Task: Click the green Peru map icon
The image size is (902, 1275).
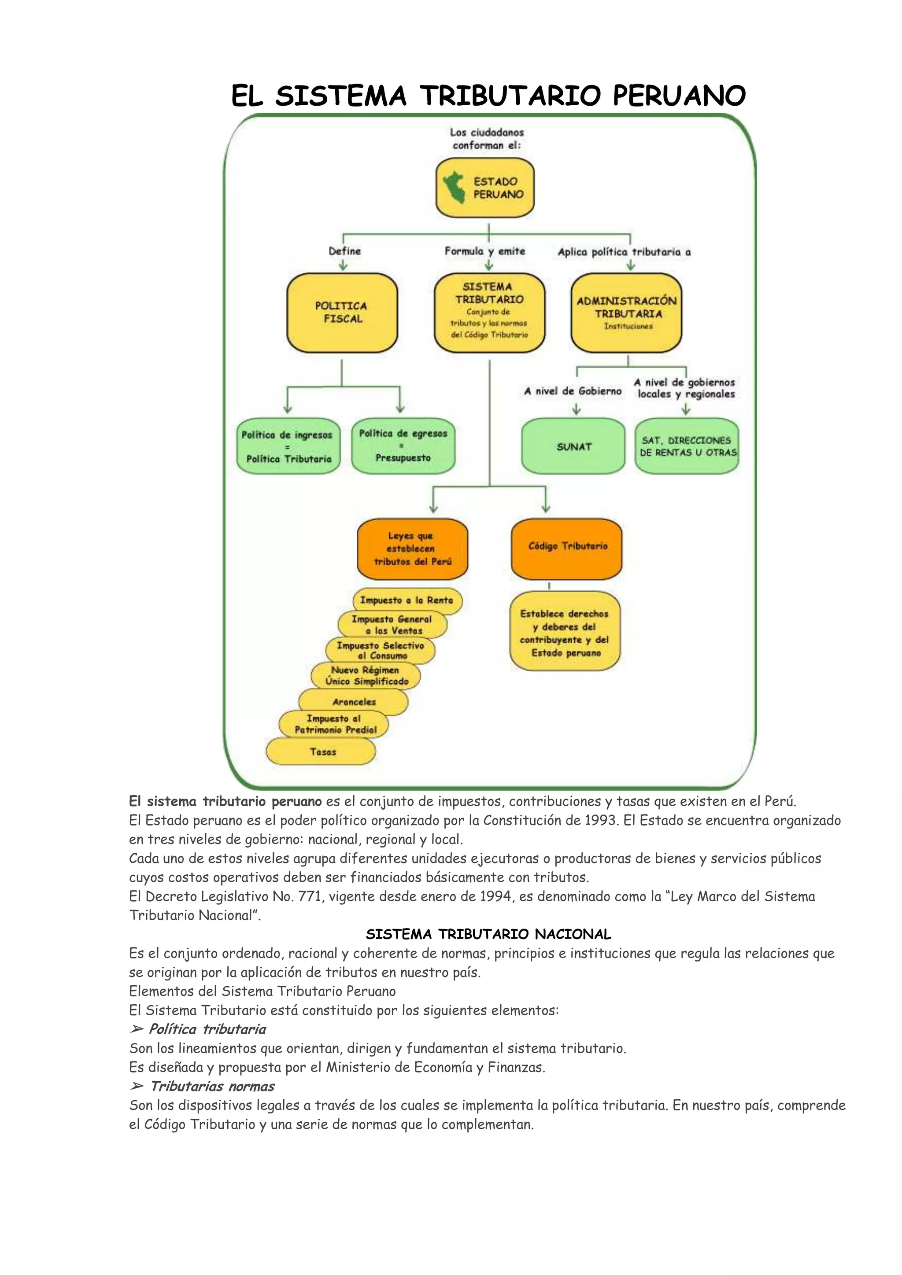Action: [x=455, y=188]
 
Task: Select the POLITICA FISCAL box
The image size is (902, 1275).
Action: [x=342, y=313]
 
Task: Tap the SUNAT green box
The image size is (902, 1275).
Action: [x=573, y=446]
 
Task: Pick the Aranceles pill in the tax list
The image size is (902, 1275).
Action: [x=354, y=702]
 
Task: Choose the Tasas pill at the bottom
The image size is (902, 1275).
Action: [x=322, y=752]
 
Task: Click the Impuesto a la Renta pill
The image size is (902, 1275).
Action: [x=407, y=600]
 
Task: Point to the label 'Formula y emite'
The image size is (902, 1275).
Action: [x=485, y=251]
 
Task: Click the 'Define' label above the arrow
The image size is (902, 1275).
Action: [x=344, y=251]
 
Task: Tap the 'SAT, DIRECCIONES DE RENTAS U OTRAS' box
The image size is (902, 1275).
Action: [x=687, y=446]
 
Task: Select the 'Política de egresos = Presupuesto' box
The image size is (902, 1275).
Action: [x=403, y=446]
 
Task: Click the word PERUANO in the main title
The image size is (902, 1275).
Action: [x=679, y=96]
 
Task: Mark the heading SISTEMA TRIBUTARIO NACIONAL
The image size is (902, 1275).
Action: [x=488, y=934]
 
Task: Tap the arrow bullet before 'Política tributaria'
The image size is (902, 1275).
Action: [x=136, y=1029]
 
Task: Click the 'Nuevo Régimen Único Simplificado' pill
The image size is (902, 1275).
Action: [x=366, y=676]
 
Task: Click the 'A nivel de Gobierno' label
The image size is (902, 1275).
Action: [x=573, y=391]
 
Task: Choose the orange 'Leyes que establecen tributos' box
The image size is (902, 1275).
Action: [x=412, y=549]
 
